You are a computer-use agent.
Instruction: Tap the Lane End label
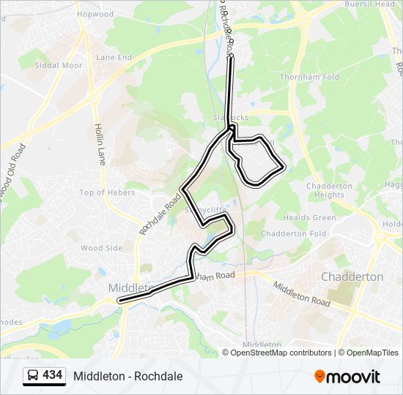(114, 57)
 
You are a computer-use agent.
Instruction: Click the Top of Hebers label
(108, 192)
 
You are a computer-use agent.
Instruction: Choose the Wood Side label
(101, 248)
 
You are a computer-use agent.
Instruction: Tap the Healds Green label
(310, 218)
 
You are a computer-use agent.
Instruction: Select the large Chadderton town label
(352, 277)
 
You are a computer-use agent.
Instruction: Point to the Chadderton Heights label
(329, 190)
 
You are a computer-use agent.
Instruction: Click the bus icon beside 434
(33, 376)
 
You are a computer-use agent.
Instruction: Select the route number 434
(52, 375)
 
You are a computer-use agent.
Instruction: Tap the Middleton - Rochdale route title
(127, 376)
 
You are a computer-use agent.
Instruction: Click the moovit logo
(347, 377)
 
